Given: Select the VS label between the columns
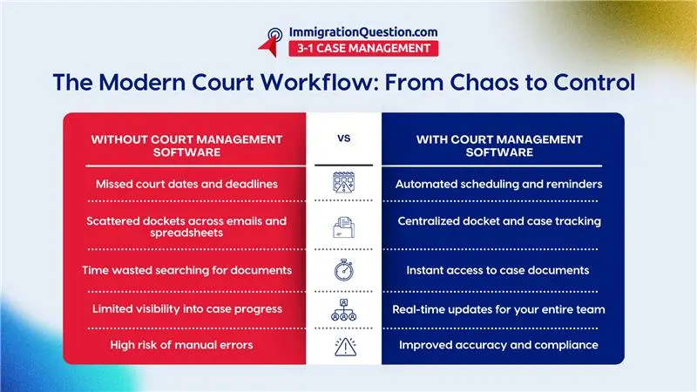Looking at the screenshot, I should (x=343, y=138).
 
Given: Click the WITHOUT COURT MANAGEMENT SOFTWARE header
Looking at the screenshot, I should (x=186, y=145).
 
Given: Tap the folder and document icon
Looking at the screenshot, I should (x=343, y=228).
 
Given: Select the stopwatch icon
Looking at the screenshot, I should (x=343, y=270).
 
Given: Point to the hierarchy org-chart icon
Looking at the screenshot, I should (x=343, y=310).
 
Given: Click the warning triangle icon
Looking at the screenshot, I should (x=343, y=347).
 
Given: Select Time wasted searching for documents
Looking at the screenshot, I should (x=188, y=271).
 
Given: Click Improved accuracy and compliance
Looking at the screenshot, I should (x=498, y=346).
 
